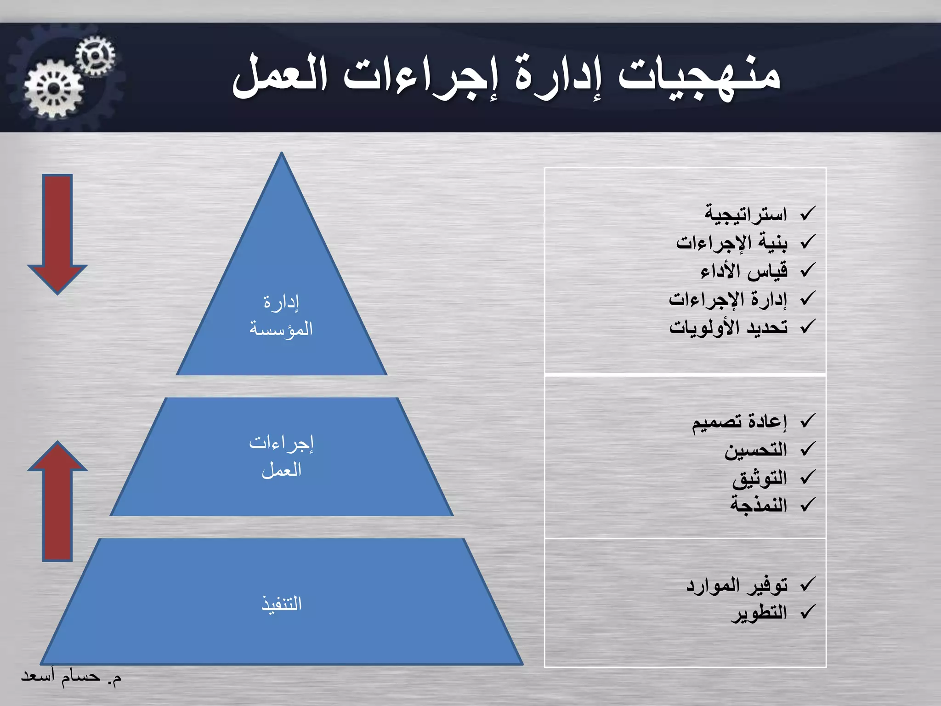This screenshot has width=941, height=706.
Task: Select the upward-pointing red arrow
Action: tap(57, 501)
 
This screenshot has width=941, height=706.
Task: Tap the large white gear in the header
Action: tap(54, 89)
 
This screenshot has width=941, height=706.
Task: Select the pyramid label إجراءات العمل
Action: tap(281, 456)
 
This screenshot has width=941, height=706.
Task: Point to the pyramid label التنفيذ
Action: tap(281, 604)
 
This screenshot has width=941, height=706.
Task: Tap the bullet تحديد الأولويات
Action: tap(728, 327)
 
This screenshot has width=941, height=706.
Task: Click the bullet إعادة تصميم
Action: tap(739, 421)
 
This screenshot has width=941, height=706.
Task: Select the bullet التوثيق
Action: tap(760, 478)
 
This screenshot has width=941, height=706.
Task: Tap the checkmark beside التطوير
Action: tap(807, 612)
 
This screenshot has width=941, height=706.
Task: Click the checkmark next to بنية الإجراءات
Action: tap(807, 242)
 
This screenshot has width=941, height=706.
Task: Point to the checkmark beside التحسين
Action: tap(807, 449)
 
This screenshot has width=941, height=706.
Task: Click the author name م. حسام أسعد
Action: tap(71, 677)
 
